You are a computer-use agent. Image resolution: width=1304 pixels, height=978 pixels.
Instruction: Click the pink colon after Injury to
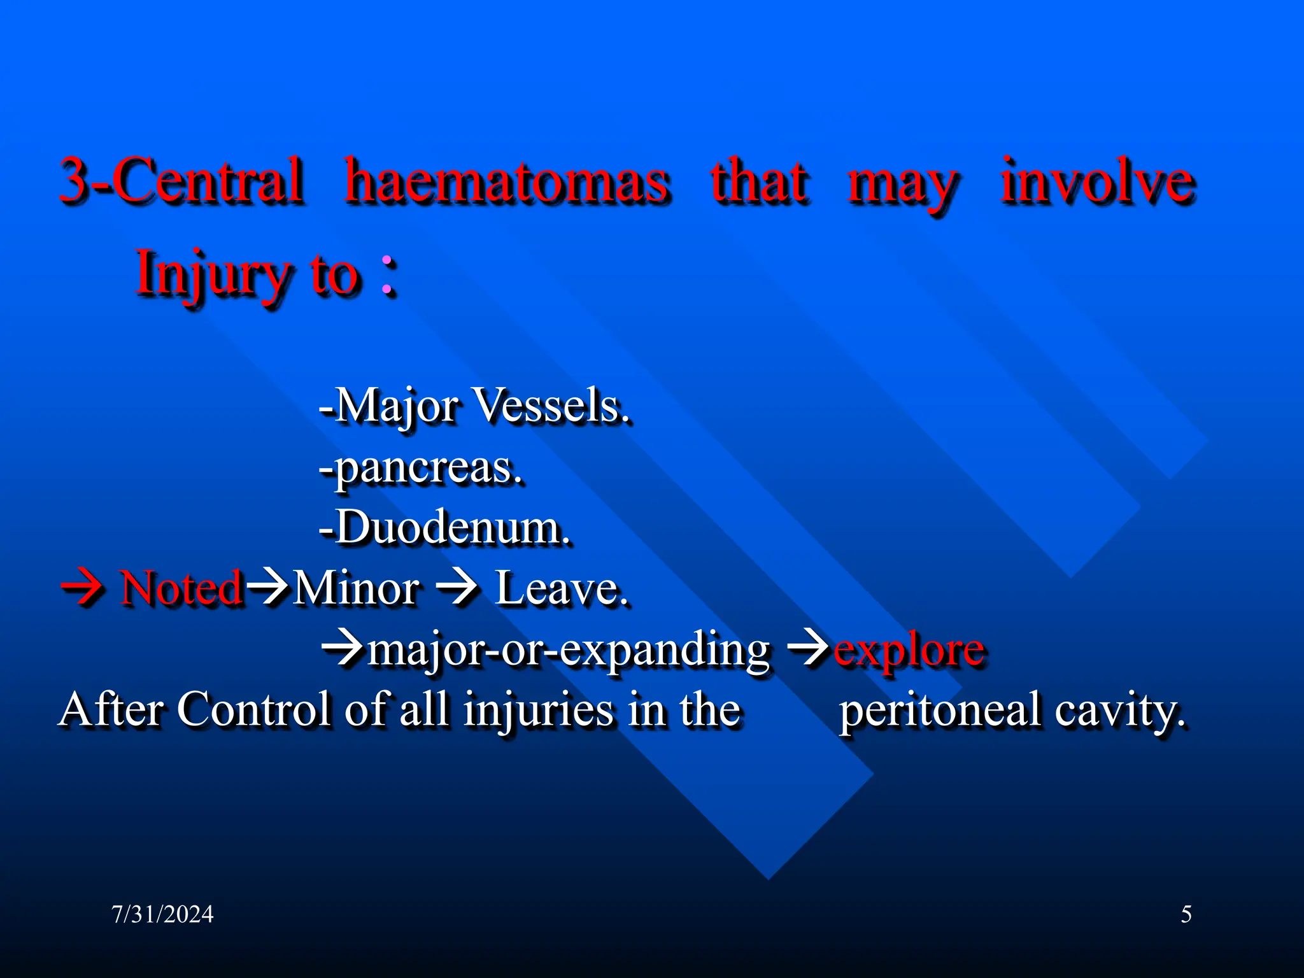(x=388, y=276)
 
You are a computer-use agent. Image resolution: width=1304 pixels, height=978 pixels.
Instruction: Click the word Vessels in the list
(x=551, y=406)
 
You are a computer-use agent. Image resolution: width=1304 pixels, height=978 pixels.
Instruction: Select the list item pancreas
(x=422, y=468)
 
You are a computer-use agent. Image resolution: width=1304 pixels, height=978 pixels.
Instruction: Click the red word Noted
(x=181, y=587)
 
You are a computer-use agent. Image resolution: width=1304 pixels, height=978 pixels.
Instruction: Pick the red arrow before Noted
(x=82, y=587)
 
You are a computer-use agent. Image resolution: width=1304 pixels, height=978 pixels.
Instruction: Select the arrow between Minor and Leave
(x=458, y=587)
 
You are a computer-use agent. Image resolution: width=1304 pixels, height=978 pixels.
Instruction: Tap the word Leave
(x=561, y=587)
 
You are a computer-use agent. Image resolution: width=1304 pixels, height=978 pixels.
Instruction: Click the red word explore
(x=909, y=649)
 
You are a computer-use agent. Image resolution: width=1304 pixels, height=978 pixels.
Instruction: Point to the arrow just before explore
(x=809, y=649)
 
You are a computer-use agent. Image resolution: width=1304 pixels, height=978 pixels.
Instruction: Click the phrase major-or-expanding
(x=569, y=649)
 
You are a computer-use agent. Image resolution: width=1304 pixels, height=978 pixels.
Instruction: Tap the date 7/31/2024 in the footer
(x=162, y=914)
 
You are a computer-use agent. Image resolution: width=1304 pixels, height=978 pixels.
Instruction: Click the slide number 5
(x=1186, y=914)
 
